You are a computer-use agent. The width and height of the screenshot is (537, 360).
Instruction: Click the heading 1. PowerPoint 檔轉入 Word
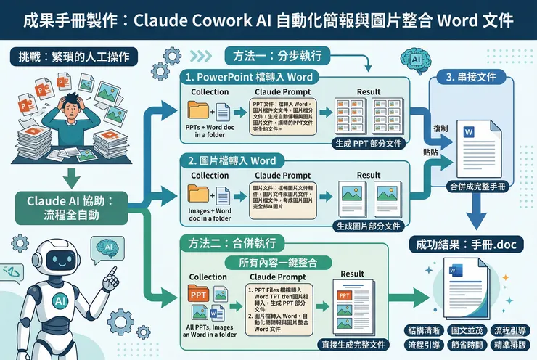(249, 76)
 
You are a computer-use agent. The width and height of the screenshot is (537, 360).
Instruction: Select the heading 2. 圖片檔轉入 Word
(232, 160)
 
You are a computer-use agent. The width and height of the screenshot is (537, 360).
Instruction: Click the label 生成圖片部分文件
(369, 226)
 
